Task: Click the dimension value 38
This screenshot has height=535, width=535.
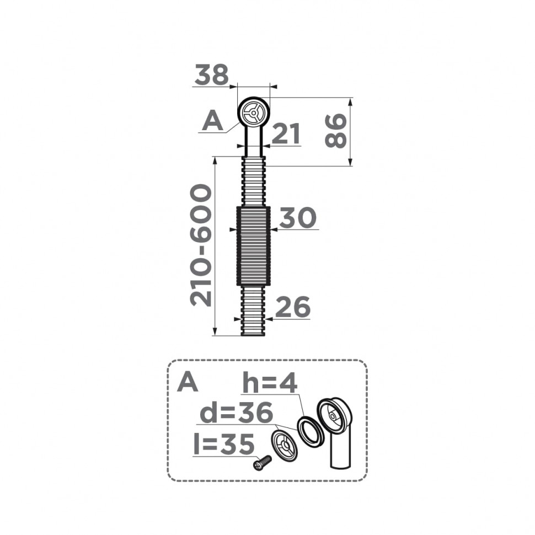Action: tap(211, 75)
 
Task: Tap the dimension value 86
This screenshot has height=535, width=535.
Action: tap(336, 131)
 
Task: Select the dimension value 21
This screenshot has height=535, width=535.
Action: tap(286, 134)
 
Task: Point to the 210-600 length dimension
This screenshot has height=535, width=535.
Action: tap(201, 245)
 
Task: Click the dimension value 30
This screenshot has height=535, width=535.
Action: tap(298, 218)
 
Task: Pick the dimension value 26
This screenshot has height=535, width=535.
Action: tap(292, 308)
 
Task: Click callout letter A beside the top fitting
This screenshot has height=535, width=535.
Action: tap(212, 121)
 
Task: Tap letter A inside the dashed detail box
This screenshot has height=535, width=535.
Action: tap(188, 382)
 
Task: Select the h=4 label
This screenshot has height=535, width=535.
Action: tap(270, 384)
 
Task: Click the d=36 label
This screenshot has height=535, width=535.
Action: tap(236, 413)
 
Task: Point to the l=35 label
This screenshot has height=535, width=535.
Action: tap(224, 445)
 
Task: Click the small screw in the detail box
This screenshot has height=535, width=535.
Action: tap(262, 462)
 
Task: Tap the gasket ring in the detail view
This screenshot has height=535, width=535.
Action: tap(311, 430)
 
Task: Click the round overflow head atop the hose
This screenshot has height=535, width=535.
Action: tap(254, 113)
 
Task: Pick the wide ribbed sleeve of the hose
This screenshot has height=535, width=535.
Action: tap(253, 246)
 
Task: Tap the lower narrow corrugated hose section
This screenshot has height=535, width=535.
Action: tap(253, 311)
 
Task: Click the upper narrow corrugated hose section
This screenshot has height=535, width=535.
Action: tap(253, 181)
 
